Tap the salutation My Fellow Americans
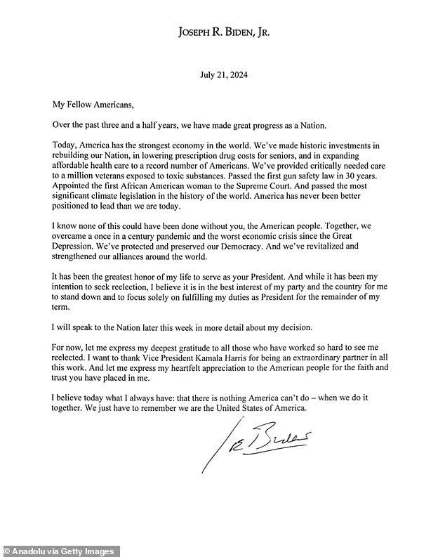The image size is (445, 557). [93, 105]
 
